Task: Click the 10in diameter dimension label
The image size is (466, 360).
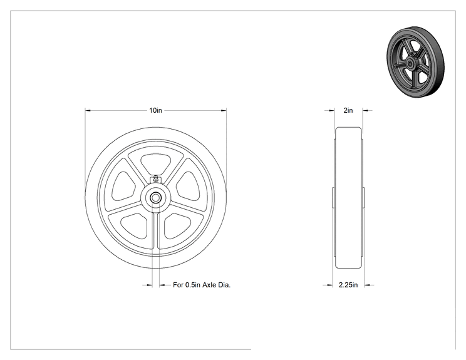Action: point(155,110)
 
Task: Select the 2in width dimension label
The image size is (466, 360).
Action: point(348,110)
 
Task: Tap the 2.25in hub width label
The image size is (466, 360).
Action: point(348,285)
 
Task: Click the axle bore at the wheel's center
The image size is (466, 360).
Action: point(155,198)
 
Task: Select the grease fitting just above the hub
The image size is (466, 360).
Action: point(155,179)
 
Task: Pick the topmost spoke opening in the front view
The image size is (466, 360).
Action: point(156,163)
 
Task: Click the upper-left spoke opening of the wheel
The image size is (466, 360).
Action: point(123,186)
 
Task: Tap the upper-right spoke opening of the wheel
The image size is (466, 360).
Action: point(188,187)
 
